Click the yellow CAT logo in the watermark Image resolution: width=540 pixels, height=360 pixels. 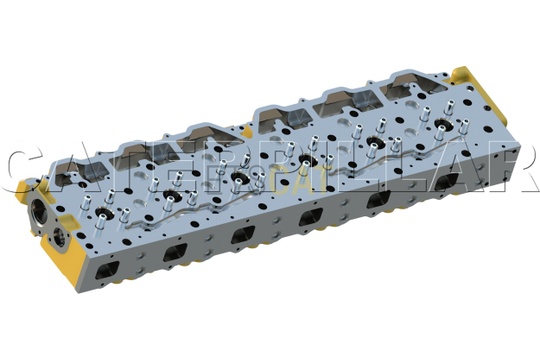click(296, 179)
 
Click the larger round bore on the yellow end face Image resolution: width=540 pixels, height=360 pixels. click(38, 211)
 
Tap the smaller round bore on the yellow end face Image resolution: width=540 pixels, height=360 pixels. click(61, 238)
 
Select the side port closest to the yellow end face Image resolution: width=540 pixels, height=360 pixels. click(107, 270)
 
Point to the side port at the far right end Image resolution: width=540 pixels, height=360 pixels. click(447, 181)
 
